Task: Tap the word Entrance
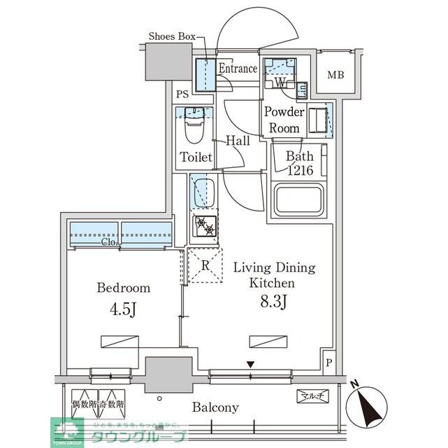tap(238, 69)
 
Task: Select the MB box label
tap(336, 75)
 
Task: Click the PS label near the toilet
tap(182, 94)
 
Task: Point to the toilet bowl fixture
tap(194, 131)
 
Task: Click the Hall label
tap(238, 141)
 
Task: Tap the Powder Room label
tap(284, 120)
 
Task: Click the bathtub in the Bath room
tap(300, 200)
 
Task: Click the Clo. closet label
tap(108, 242)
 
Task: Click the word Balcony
tap(216, 407)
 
